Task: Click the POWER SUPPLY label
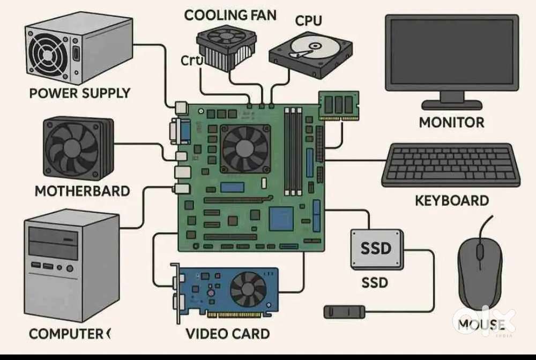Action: click(x=79, y=93)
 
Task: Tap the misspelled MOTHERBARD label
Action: click(x=82, y=191)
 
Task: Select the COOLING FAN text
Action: click(x=230, y=15)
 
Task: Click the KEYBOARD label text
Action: click(x=452, y=200)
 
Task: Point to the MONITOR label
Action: click(x=451, y=122)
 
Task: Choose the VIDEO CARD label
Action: click(x=227, y=334)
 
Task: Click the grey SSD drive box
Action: click(x=376, y=249)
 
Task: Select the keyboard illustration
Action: click(x=451, y=165)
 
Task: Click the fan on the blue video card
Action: click(x=248, y=289)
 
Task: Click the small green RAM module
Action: click(x=338, y=105)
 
